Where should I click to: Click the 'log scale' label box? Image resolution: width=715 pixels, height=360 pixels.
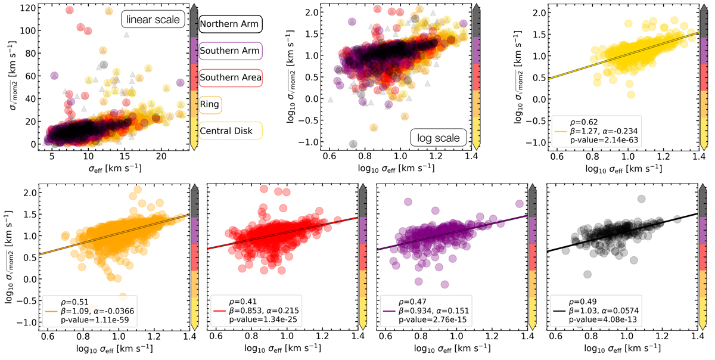[434, 138]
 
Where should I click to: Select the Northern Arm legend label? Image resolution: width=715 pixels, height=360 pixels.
[230, 24]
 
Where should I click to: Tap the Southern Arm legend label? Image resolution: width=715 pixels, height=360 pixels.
[230, 51]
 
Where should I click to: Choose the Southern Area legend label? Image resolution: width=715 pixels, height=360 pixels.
[230, 77]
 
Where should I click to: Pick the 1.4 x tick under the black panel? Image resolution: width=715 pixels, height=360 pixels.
[697, 336]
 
